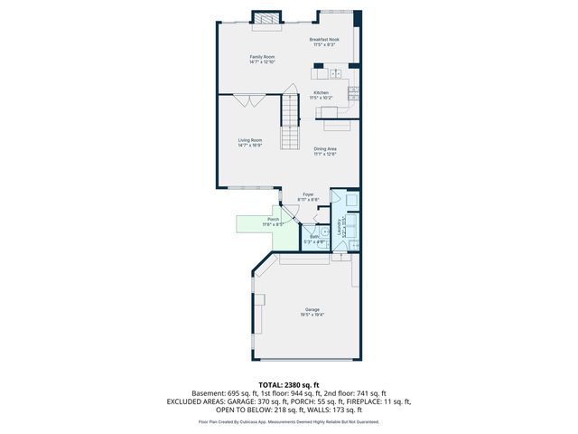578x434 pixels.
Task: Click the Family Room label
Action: pyautogui.click(x=262, y=57)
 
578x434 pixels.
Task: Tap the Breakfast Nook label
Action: pyautogui.click(x=324, y=40)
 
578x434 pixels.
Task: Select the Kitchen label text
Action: pyautogui.click(x=321, y=92)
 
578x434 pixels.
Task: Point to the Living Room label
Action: pyautogui.click(x=250, y=140)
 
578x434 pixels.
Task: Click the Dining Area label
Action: pyautogui.click(x=325, y=149)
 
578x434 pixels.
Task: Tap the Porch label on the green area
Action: pyautogui.click(x=273, y=219)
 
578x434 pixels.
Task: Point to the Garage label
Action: pyautogui.click(x=312, y=311)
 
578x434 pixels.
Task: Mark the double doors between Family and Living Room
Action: pyautogui.click(x=247, y=100)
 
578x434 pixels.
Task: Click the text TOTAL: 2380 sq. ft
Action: pyautogui.click(x=288, y=385)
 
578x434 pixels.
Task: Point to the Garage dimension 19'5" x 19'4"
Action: pyautogui.click(x=312, y=316)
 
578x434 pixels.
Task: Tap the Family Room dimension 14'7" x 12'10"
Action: pyautogui.click(x=262, y=62)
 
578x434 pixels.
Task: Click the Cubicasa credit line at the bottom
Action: pyautogui.click(x=288, y=422)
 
